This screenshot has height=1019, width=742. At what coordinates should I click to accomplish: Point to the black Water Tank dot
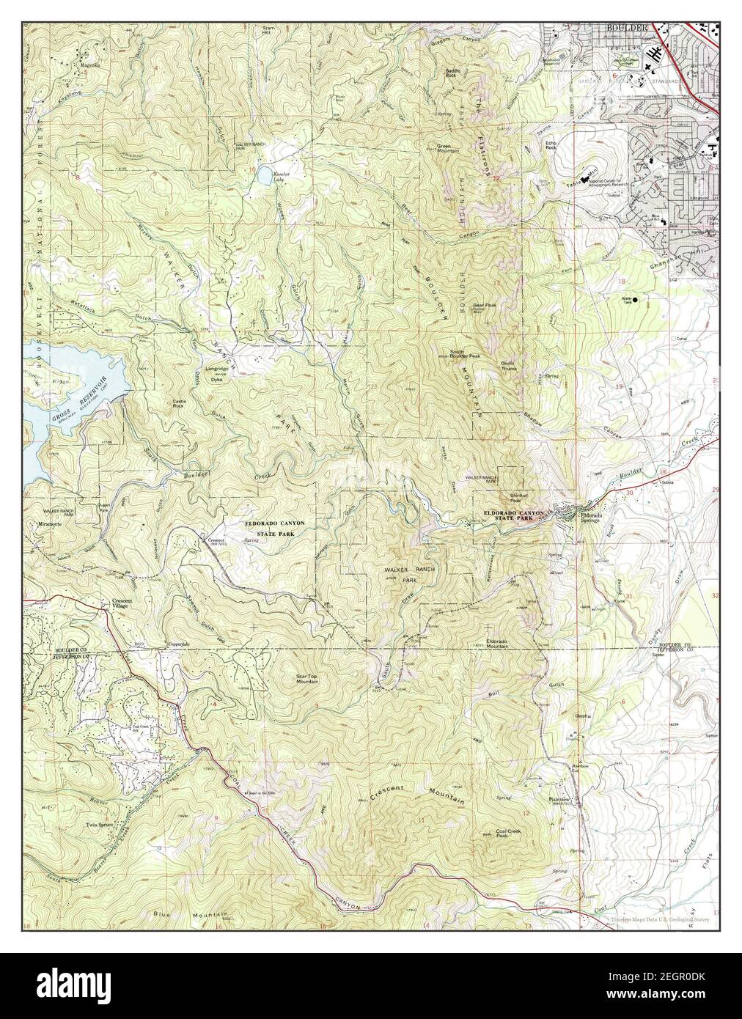point(635,299)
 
